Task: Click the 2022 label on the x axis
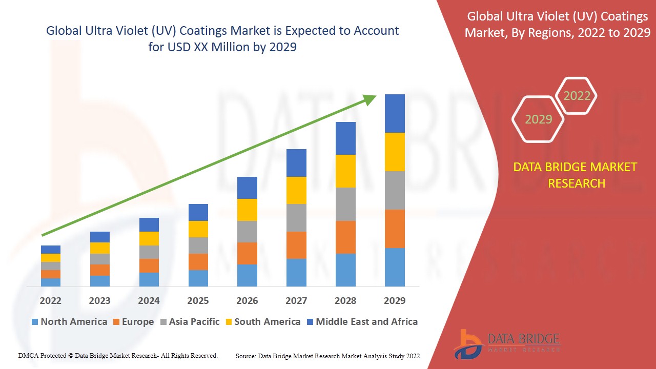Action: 50,300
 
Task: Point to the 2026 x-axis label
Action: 247,300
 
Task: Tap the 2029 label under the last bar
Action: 395,300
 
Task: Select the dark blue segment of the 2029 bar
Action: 395,113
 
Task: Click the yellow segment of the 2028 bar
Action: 345,171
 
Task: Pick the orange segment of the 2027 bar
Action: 296,245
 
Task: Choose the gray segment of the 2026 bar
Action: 247,232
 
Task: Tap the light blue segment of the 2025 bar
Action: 198,278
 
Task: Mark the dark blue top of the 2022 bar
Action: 50,250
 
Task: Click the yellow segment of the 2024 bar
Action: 149,238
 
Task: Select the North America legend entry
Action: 69,322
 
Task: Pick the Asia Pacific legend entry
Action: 190,322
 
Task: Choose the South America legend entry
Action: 262,322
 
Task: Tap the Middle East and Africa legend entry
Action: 362,322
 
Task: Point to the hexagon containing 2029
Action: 538,119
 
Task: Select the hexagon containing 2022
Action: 577,96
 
